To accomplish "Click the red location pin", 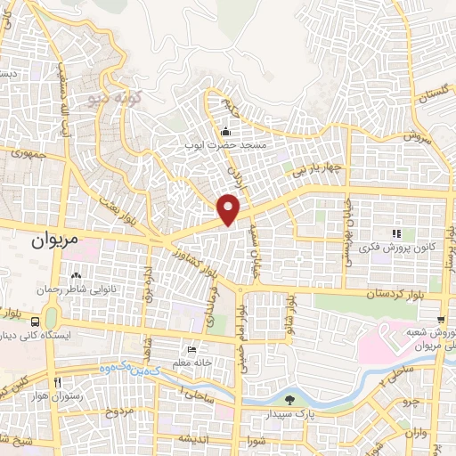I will click(230, 208).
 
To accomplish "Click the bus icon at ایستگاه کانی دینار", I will click(35, 321).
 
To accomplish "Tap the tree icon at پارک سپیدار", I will click(289, 399).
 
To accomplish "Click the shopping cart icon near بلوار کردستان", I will click(441, 319).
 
